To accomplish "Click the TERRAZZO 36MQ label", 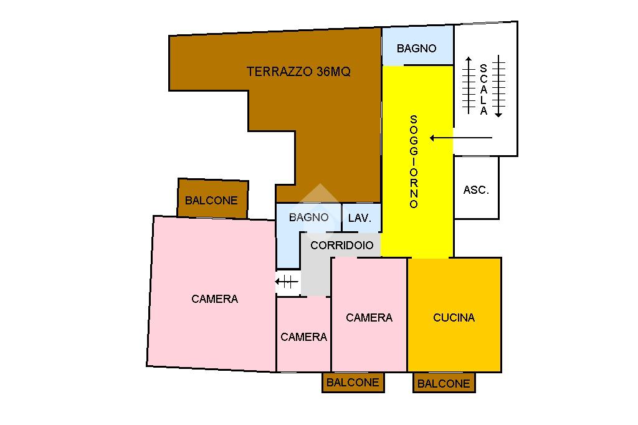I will [298, 72].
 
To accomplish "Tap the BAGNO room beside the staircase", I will [417, 48].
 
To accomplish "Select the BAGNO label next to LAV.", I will [308, 217].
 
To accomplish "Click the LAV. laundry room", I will [360, 218].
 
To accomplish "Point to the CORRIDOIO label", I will [342, 245].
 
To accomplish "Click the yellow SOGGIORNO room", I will [416, 162].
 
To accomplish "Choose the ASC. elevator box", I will [476, 189].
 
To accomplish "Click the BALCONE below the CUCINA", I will [444, 383].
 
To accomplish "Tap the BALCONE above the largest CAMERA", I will [212, 200].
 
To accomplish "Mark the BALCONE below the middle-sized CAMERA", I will [353, 383].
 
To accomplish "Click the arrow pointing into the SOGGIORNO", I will [461, 138].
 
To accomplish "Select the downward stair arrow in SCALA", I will [498, 87].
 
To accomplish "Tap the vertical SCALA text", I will [483, 90].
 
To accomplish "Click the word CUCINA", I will [454, 318].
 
